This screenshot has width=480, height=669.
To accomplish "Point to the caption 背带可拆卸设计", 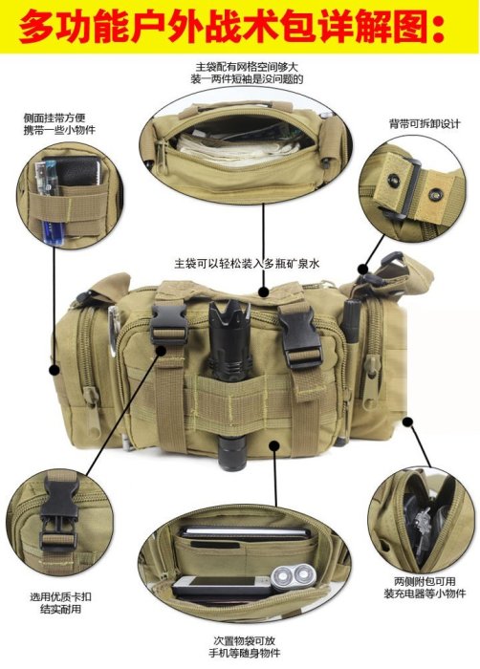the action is (425, 123).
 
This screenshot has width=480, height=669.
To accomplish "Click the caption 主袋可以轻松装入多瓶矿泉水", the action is (247, 263).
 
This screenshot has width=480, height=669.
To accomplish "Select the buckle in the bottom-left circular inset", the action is (59, 515).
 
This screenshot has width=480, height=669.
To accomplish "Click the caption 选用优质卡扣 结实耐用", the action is (60, 603).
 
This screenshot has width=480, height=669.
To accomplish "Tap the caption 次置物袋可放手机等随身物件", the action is (245, 646).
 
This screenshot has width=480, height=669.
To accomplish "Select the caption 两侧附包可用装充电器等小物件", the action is (425, 588).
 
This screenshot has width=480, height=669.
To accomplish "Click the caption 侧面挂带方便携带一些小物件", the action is (59, 123).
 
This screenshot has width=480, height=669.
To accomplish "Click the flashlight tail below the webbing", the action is (231, 452).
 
